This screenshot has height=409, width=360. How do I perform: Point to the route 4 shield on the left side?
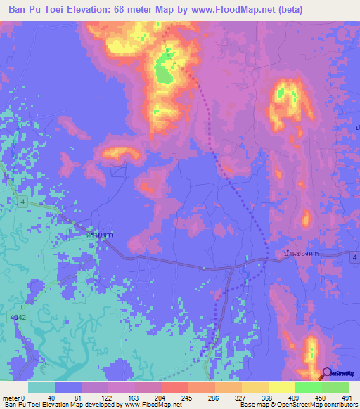point(22,203)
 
